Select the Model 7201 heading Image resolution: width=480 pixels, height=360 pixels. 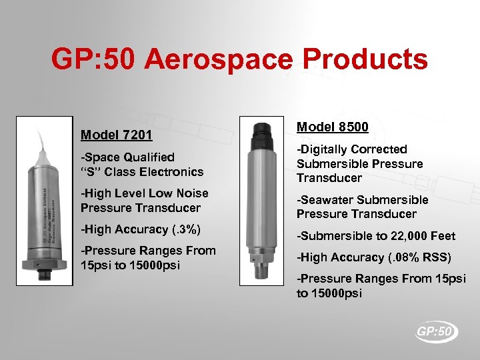click(117, 135)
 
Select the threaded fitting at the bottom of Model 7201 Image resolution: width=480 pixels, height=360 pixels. click(46, 275)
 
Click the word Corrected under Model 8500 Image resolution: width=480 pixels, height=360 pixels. click(383, 149)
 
